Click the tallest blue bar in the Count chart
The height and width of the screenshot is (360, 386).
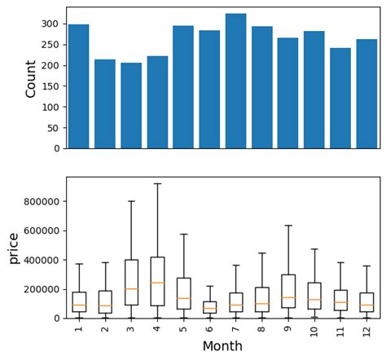(235, 81)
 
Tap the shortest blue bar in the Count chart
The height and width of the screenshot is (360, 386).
(131, 106)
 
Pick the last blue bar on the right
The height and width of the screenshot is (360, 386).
(366, 94)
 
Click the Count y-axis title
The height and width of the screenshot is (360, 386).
(31, 78)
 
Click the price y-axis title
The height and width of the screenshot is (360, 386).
(13, 248)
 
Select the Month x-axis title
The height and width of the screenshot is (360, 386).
(222, 346)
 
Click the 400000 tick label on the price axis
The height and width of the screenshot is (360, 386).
(42, 260)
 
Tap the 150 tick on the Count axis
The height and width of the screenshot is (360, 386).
(52, 86)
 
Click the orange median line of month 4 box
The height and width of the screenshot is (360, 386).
(157, 283)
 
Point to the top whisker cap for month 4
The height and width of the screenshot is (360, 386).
(157, 184)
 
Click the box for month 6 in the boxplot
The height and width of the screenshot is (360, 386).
(209, 307)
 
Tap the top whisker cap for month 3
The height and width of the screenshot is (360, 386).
(131, 201)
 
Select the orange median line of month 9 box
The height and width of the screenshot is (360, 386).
(288, 297)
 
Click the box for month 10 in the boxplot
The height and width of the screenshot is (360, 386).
(314, 296)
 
